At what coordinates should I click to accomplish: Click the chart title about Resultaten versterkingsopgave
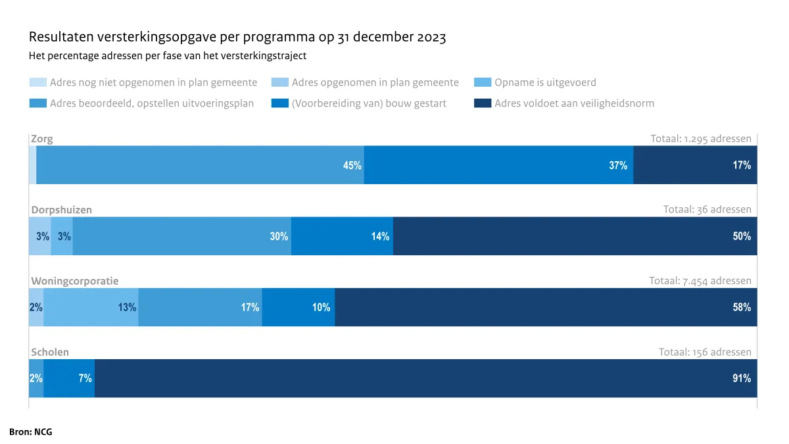pos(237,37)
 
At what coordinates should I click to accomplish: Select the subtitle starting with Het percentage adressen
pos(168,56)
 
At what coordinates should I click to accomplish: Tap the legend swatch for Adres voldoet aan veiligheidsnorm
pos(483,103)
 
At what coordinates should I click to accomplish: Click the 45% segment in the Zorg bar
pos(200,165)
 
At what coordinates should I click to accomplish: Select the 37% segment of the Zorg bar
pos(498,165)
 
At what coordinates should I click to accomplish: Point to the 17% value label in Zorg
pos(742,165)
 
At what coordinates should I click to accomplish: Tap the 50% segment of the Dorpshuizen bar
pos(575,236)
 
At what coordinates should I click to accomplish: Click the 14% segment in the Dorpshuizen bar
pos(342,236)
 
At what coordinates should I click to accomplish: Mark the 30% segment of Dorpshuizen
pos(182,236)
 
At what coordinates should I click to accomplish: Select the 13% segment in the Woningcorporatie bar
pos(91,307)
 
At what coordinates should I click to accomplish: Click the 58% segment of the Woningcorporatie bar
pos(546,307)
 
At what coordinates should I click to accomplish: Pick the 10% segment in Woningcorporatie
pos(299,307)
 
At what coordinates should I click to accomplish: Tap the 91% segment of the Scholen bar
pos(425,378)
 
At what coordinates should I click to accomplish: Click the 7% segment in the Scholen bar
pos(69,378)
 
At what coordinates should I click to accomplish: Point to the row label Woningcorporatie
pos(75,281)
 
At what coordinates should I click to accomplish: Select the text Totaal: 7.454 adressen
pos(700,281)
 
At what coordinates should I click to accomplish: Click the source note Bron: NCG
pos(31,432)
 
